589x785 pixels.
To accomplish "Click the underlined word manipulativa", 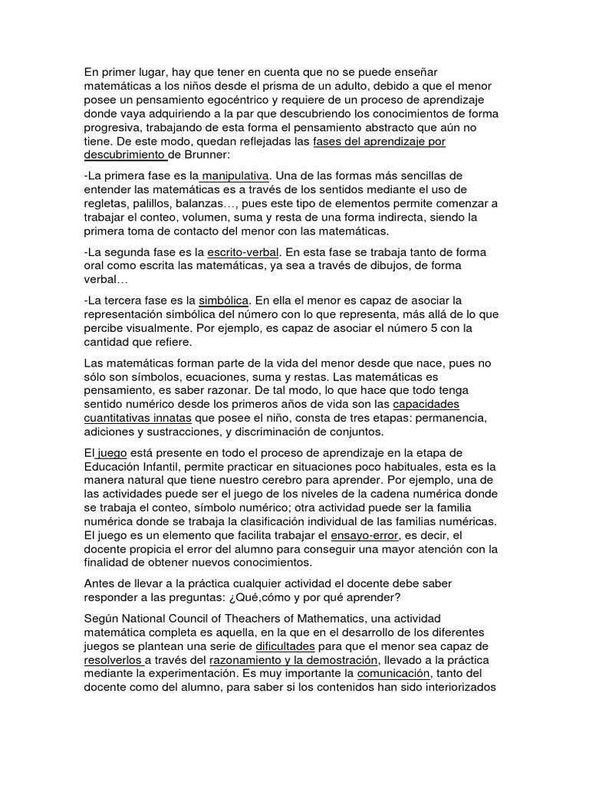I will click(x=235, y=176).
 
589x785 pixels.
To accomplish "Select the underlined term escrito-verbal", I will click(x=244, y=251).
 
